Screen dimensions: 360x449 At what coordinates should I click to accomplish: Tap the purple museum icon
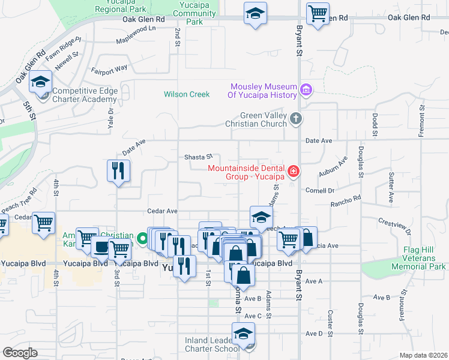pyautogui.click(x=306, y=90)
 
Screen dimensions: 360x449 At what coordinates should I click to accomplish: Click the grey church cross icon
pyautogui.click(x=295, y=119)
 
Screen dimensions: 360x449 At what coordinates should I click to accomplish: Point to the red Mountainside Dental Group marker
pyautogui.click(x=294, y=172)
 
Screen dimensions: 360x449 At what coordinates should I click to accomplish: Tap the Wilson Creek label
pyautogui.click(x=187, y=94)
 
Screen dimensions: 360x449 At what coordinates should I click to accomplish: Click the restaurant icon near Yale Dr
pyautogui.click(x=118, y=171)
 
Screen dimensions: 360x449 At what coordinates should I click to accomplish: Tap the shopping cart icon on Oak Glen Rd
pyautogui.click(x=318, y=13)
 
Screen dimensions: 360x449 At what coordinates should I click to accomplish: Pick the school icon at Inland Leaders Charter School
pyautogui.click(x=243, y=334)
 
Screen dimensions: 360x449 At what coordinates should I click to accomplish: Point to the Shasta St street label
pyautogui.click(x=199, y=157)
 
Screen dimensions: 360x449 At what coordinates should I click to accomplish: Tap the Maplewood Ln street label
pyautogui.click(x=136, y=28)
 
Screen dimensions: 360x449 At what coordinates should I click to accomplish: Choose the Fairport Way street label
pyautogui.click(x=109, y=68)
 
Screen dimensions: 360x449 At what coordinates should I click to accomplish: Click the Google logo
pyautogui.click(x=20, y=353)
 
